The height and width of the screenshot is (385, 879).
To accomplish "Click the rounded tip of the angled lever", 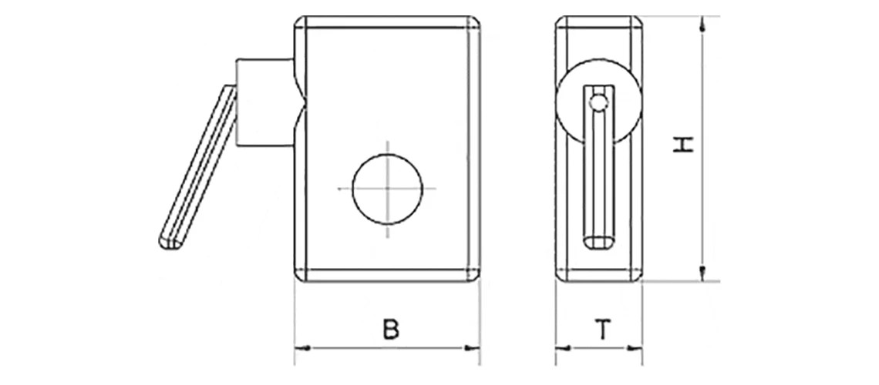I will (x=169, y=242).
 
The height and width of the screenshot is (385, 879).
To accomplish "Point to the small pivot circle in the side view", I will (x=598, y=100).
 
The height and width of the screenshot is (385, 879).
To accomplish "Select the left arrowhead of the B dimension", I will (x=301, y=349).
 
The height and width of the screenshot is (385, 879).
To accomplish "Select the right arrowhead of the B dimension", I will (x=473, y=349).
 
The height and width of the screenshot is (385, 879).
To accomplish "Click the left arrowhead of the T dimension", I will (x=562, y=349).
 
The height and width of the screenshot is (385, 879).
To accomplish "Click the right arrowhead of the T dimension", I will (x=636, y=349).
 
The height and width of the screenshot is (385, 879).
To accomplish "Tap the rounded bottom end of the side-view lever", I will (x=598, y=242).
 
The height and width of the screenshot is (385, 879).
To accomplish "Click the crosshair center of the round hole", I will (x=388, y=189).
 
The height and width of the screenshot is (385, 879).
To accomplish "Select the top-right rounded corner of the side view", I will (x=637, y=21).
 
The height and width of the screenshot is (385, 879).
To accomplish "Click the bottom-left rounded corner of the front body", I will (x=299, y=276).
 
